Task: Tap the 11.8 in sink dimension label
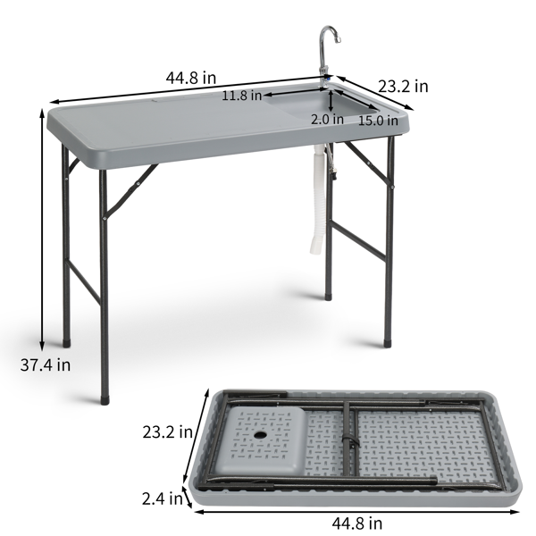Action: [242, 95]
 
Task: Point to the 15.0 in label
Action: [379, 120]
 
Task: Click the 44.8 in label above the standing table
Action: [191, 77]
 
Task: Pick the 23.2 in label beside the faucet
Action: [403, 86]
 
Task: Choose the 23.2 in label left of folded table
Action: [168, 432]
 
